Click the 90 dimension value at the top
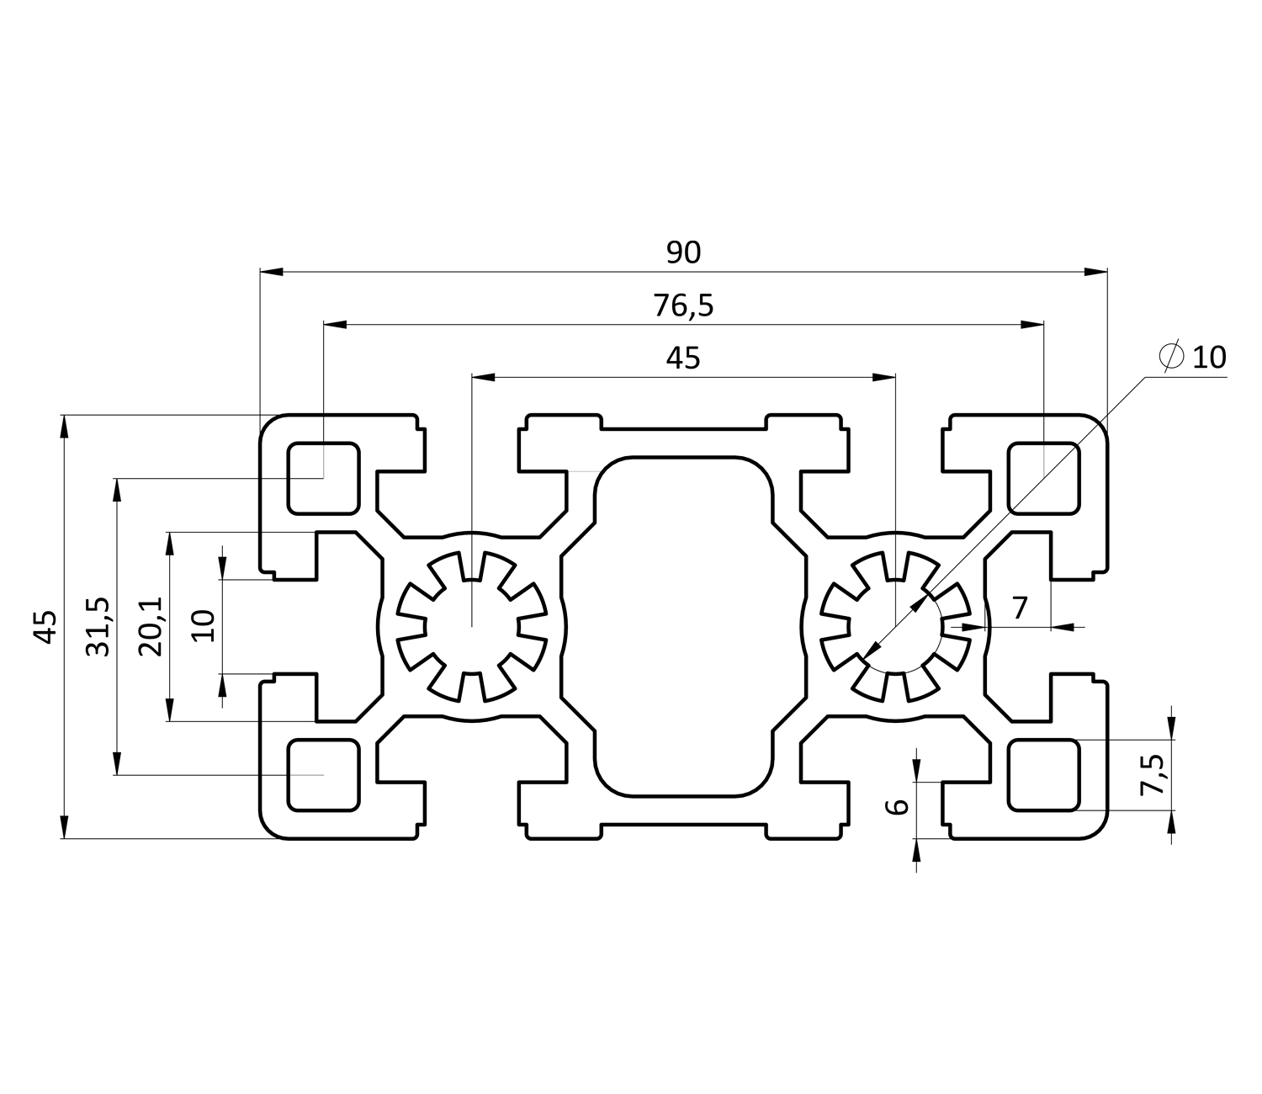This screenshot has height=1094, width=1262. tap(683, 252)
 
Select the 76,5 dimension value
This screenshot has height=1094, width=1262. tap(683, 305)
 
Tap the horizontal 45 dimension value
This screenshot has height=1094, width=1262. tap(683, 358)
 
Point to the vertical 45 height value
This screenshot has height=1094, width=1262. tap(47, 627)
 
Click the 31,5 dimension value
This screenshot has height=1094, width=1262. tap(100, 627)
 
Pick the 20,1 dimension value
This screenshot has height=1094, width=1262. tap(152, 627)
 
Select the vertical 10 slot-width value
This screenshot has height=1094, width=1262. tap(204, 626)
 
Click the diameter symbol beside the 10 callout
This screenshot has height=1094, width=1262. tap(1171, 357)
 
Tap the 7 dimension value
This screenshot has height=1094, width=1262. tap(1020, 607)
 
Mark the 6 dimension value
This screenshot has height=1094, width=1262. tap(899, 806)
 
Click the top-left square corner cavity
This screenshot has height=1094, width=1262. tap(324, 477)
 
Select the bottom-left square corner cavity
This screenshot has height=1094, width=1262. tap(324, 775)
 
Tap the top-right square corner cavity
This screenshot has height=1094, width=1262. tap(1043, 477)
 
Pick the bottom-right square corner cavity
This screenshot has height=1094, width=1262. tap(1043, 775)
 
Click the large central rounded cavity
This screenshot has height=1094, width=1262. tap(683, 626)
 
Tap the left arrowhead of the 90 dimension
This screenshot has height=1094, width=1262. tap(271, 272)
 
